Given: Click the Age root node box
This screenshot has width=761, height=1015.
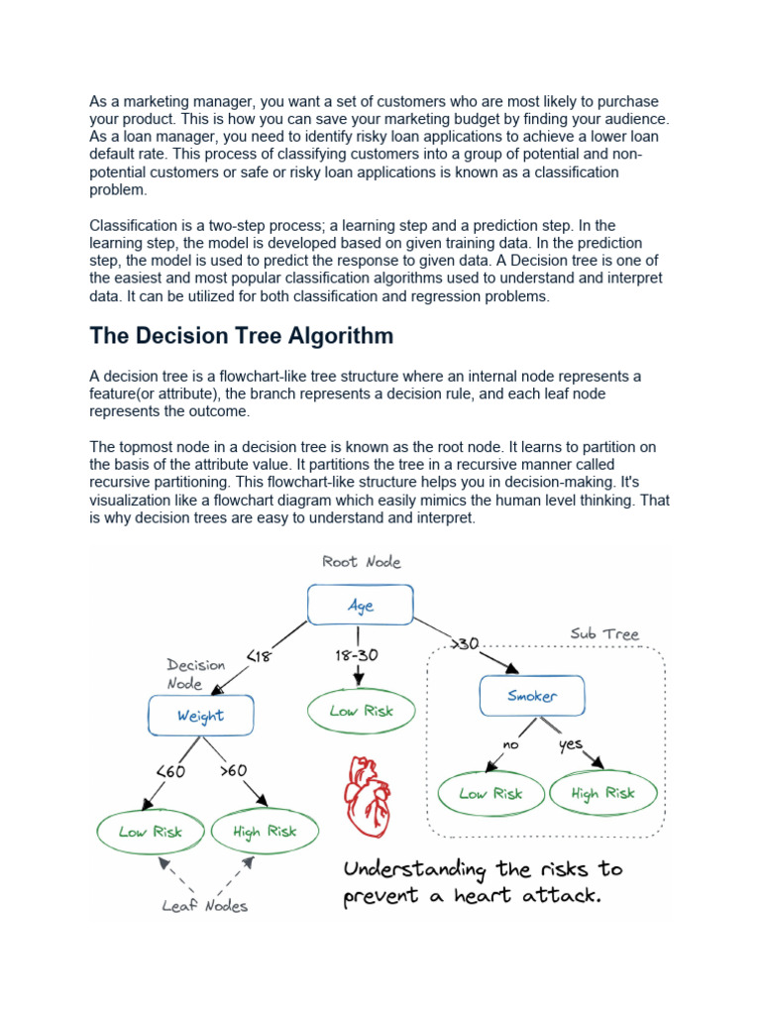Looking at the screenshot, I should point(360,605).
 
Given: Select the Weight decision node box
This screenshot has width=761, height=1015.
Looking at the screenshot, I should point(201,716).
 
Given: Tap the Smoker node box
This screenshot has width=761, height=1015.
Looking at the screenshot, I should point(532,696).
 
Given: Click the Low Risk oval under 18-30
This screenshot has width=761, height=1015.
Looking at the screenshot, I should point(362,711).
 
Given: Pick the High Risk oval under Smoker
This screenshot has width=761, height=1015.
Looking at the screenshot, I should point(602,793).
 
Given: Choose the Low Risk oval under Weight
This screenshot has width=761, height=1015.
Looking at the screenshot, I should point(151,832).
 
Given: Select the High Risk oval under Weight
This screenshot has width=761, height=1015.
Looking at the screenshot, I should point(265,832).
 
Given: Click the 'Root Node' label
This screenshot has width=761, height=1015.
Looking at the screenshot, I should point(362,562).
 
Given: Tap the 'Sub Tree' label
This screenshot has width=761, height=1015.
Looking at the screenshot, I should point(604,633).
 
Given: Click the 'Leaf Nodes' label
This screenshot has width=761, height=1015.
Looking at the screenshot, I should point(206,905).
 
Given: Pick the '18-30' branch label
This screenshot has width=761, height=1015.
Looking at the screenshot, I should point(356,655).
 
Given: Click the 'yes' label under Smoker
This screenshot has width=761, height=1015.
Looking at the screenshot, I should point(572,744).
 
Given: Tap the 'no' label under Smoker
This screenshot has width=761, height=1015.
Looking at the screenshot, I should point(511,744).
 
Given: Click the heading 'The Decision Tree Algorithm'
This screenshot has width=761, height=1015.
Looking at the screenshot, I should point(241,335).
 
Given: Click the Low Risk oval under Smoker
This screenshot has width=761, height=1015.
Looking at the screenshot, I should point(491,793).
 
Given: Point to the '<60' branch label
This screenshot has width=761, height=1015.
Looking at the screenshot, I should point(170,771).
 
